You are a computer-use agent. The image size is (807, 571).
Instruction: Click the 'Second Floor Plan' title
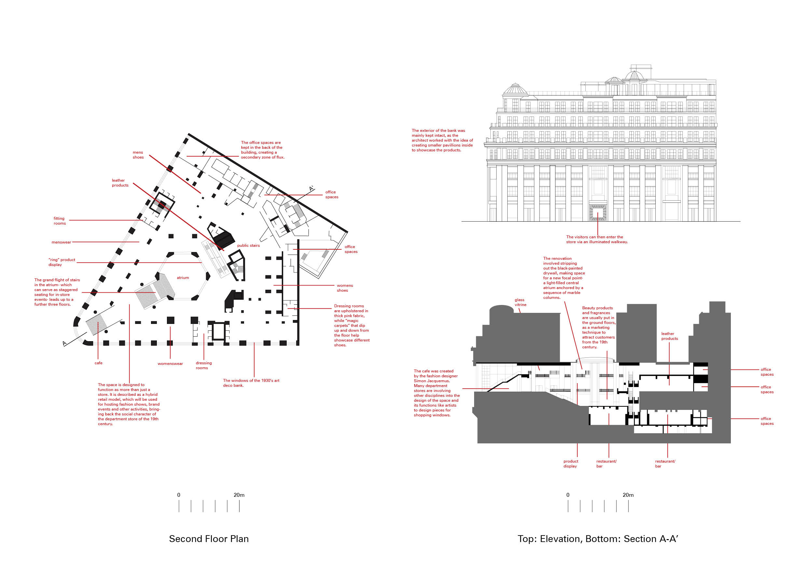[209, 539]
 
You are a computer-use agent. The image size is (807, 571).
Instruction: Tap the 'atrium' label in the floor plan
[183, 278]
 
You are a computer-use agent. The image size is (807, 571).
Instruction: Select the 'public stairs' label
[249, 245]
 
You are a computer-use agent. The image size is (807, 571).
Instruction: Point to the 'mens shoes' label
[138, 155]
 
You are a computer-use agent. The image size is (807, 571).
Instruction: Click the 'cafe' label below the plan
[98, 363]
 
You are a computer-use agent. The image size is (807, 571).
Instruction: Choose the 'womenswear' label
[170, 364]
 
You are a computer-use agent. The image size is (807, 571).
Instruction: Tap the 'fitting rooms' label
[60, 221]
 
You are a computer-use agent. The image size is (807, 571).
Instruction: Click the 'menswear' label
[61, 242]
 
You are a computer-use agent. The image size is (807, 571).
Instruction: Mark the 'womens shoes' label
[345, 288]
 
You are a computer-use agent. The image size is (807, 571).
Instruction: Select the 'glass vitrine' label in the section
[520, 302]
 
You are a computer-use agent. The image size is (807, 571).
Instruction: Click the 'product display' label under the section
[570, 464]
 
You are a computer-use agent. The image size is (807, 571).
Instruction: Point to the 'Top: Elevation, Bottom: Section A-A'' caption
[597, 539]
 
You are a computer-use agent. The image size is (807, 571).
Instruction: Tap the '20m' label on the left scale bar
[239, 495]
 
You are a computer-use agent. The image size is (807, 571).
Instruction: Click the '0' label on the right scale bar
[568, 495]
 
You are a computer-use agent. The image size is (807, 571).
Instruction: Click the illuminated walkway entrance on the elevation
[597, 212]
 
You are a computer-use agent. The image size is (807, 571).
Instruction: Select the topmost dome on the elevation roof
[634, 75]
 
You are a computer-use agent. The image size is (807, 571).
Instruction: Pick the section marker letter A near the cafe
[65, 343]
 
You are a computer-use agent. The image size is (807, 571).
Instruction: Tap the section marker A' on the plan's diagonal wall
[311, 189]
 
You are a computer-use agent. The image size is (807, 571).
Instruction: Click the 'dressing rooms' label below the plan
[203, 365]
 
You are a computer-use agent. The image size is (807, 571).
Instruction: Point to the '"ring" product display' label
[62, 262]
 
